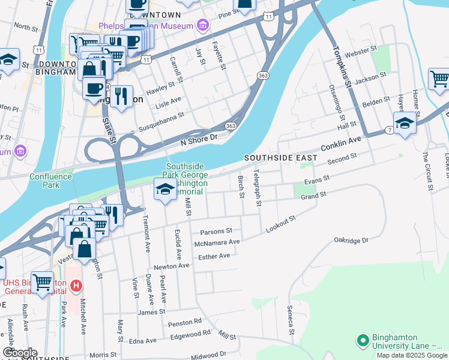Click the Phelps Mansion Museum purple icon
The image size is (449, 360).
tap(203, 25)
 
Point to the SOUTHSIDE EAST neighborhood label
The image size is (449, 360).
tap(280, 157)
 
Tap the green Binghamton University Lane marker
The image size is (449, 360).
tap(363, 341)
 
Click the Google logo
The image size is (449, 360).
tap(20, 353)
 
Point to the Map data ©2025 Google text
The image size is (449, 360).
tap(412, 355)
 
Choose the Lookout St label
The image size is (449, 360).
tap(281, 225)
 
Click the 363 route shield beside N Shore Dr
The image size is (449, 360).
tap(231, 126)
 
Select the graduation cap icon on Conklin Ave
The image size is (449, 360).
tap(405, 122)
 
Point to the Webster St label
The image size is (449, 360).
tap(365, 49)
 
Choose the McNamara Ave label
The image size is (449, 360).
tap(217, 242)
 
